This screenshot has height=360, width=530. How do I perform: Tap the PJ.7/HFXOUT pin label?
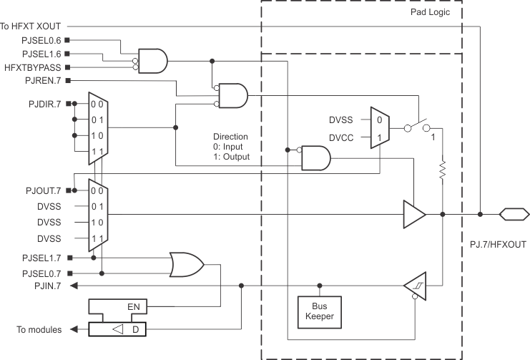(497, 243)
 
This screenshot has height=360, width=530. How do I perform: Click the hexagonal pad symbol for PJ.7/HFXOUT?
(514, 213)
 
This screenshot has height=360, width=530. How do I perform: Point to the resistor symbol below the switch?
(443, 170)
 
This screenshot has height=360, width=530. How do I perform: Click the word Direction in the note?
(230, 136)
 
